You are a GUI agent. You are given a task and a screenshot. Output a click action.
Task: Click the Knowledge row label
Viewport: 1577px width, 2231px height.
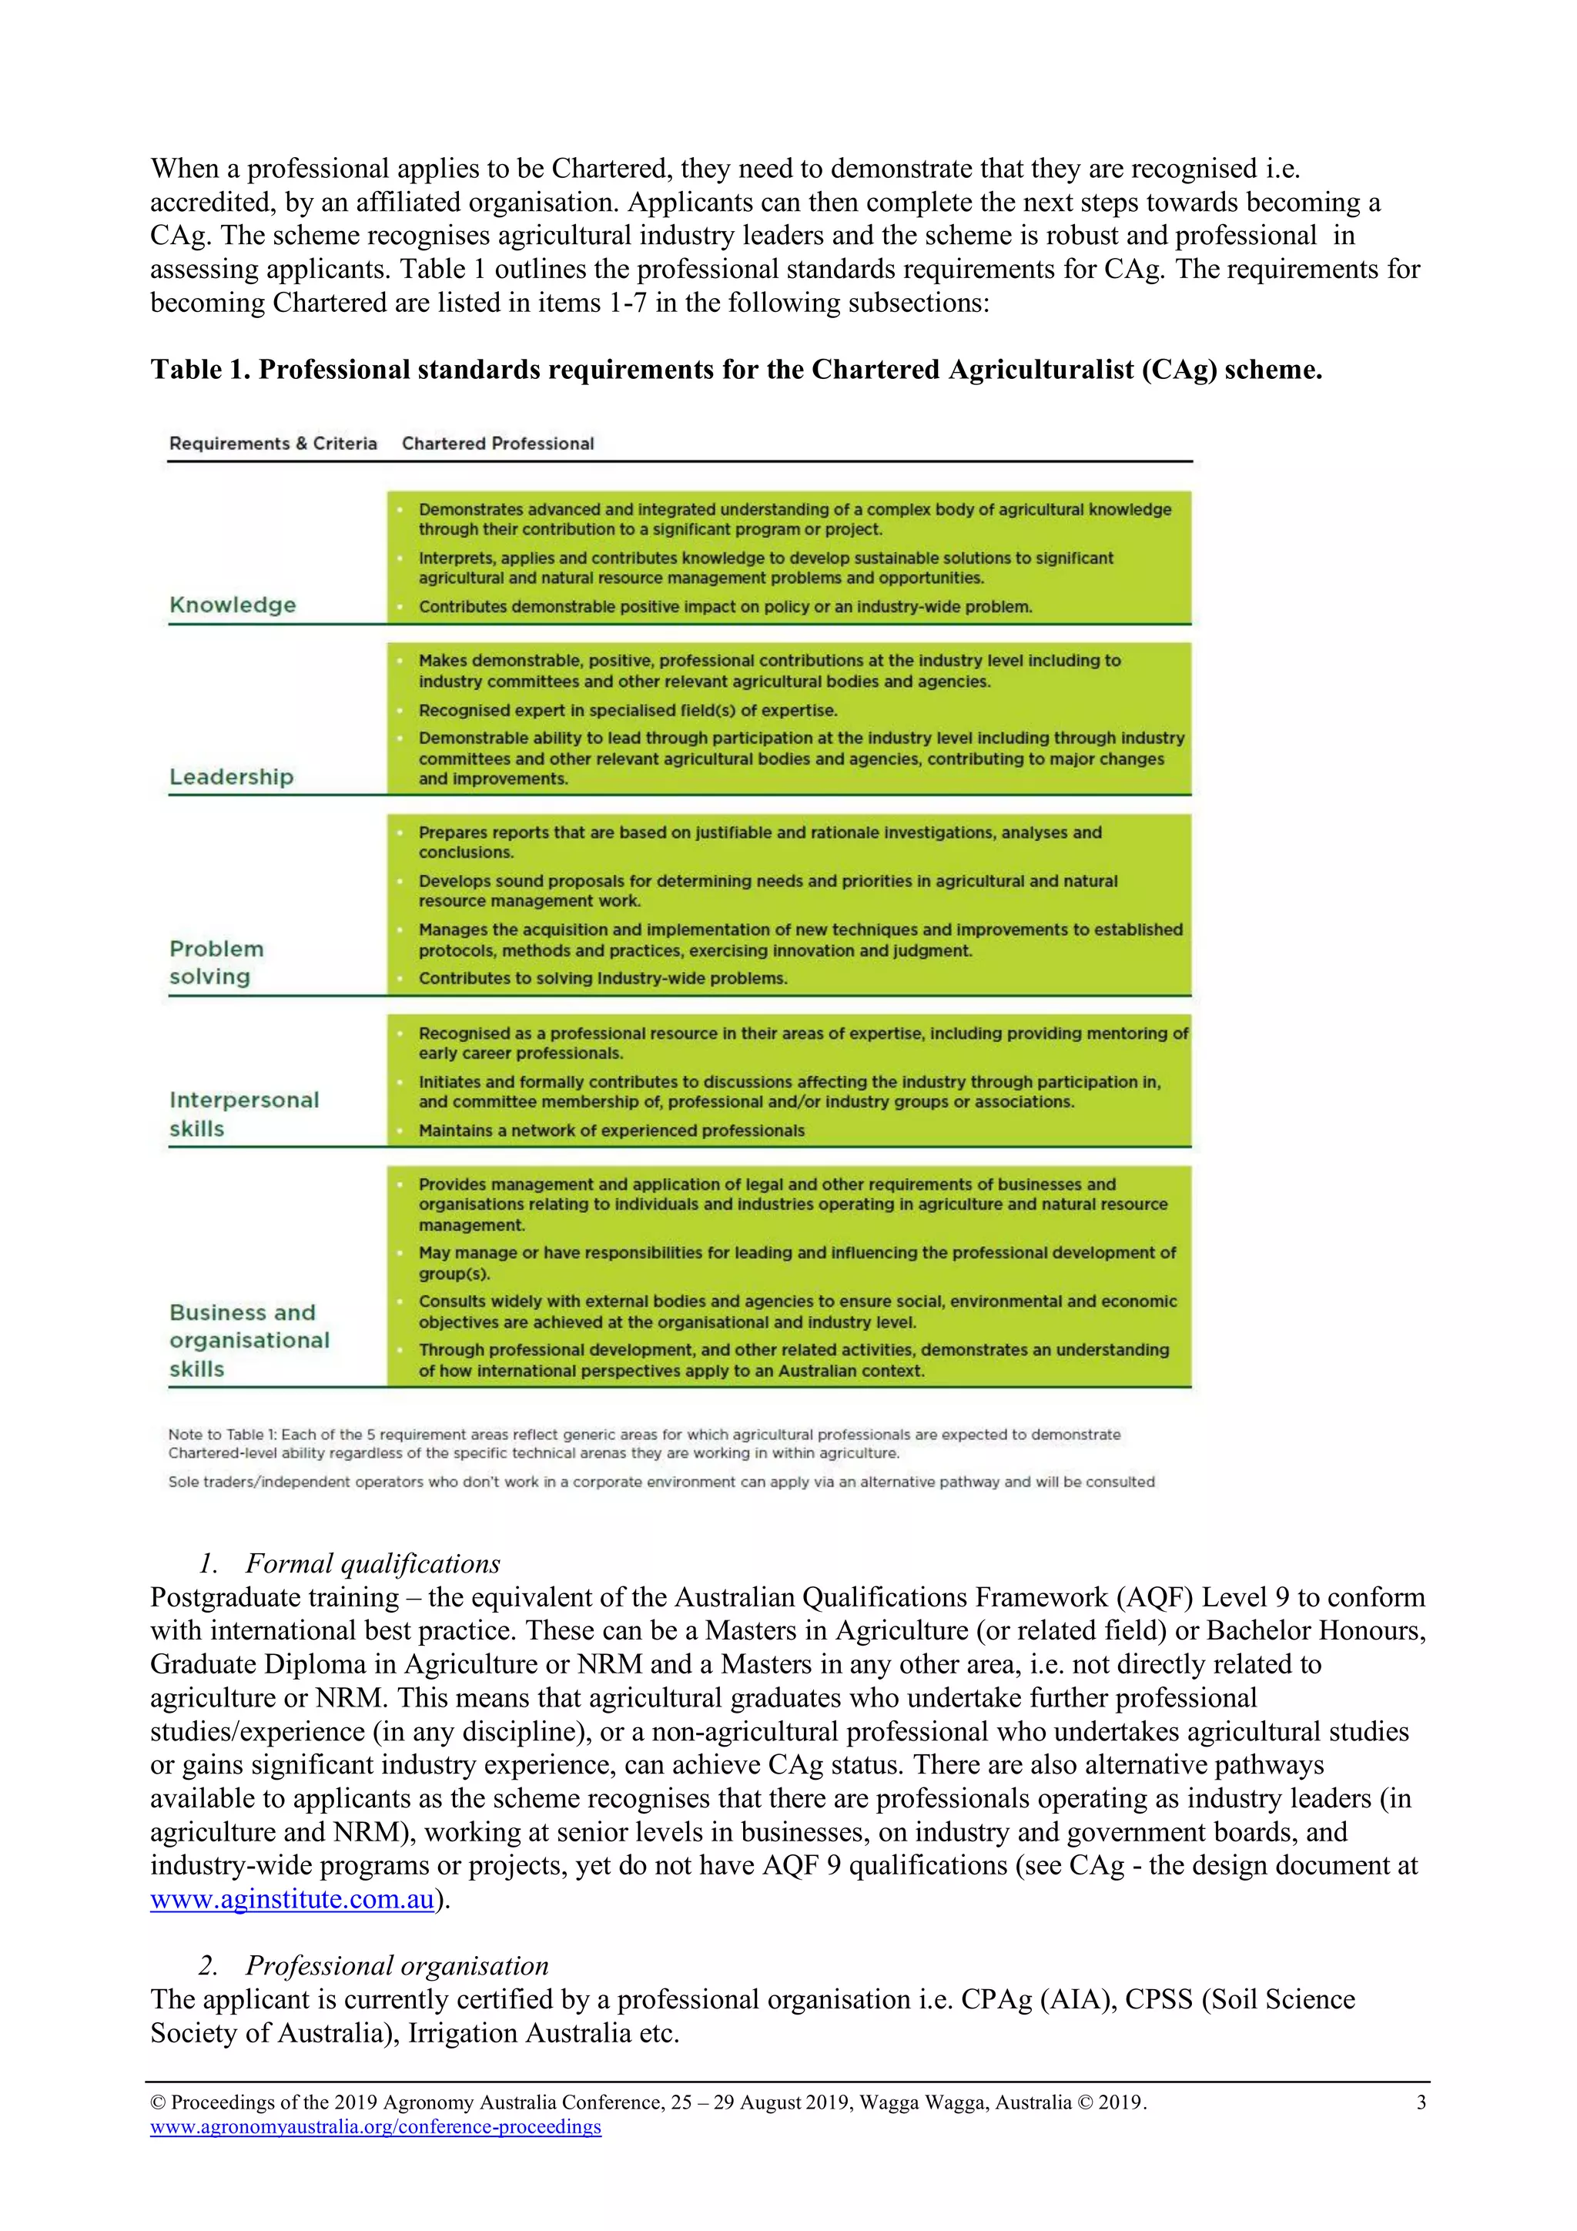[233, 605]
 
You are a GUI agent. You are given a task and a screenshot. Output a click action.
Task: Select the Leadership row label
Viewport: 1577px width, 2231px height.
[231, 776]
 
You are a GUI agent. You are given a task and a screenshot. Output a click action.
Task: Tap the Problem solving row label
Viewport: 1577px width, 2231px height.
[216, 962]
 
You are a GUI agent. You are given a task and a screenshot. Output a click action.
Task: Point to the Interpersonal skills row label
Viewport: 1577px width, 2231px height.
[244, 1114]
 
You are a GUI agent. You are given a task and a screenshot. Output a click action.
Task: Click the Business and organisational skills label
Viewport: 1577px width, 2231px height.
[249, 1340]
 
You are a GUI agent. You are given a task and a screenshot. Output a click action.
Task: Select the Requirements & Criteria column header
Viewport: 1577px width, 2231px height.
[273, 443]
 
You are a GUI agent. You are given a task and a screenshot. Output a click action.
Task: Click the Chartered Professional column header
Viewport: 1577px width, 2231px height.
[497, 443]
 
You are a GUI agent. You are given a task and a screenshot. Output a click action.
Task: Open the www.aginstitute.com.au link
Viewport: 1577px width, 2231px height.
[292, 1898]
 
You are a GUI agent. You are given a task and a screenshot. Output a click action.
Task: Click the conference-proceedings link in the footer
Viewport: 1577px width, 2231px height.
[375, 2126]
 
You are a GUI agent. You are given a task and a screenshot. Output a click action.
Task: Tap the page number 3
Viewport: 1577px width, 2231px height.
[1421, 2102]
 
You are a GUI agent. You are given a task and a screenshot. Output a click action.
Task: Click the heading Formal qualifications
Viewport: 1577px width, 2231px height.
[372, 1563]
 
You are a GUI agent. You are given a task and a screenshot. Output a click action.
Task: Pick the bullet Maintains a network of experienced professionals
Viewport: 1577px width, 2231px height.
[611, 1130]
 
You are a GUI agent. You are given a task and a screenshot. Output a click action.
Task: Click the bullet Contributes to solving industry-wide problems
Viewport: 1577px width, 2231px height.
[602, 977]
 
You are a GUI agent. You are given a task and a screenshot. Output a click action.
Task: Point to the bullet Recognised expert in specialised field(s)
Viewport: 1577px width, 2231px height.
[628, 709]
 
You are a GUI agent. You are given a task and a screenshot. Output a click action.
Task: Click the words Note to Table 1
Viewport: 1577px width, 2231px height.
[223, 1434]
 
